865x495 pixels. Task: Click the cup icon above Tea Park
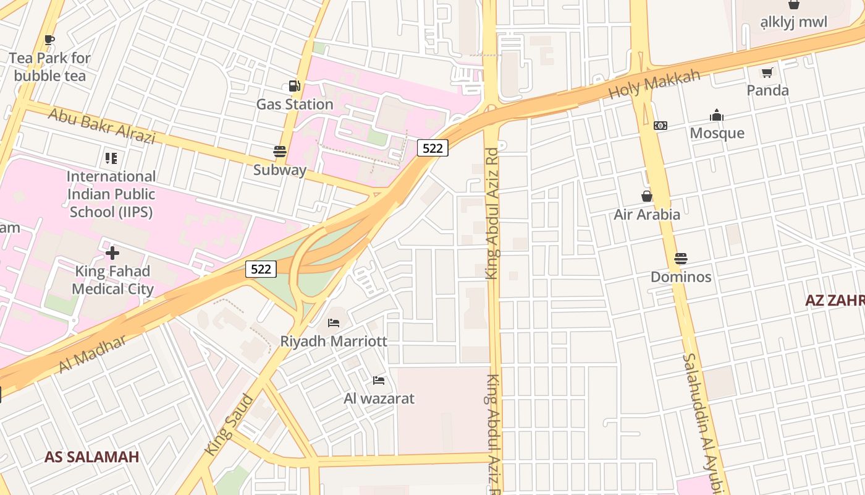click(49, 40)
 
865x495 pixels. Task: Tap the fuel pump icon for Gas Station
click(294, 87)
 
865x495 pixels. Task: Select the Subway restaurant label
click(280, 170)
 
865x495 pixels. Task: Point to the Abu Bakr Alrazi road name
click(101, 126)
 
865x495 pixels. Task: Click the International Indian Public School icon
click(111, 158)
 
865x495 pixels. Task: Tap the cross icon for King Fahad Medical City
click(112, 253)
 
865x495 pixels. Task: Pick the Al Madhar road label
click(92, 353)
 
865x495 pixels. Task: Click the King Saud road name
click(229, 424)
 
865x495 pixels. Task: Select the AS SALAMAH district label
click(91, 457)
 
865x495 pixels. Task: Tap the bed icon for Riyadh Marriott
click(334, 322)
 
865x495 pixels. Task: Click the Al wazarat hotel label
click(379, 398)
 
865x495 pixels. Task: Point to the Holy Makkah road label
click(654, 84)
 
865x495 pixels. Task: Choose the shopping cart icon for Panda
click(767, 72)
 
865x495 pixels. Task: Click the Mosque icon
click(717, 115)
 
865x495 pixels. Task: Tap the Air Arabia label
click(647, 215)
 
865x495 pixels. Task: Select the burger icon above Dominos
click(681, 259)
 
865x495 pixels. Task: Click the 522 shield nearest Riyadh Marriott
click(261, 269)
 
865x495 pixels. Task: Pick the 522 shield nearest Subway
click(432, 148)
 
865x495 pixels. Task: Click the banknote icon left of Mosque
click(660, 126)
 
